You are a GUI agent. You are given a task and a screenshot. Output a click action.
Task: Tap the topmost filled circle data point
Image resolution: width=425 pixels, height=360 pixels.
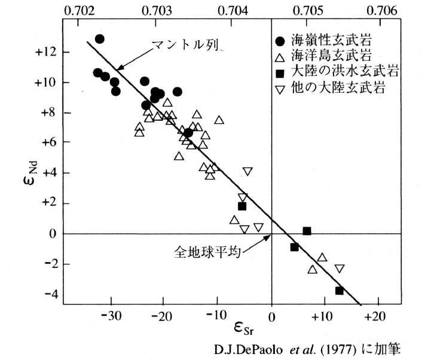[100, 39]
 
